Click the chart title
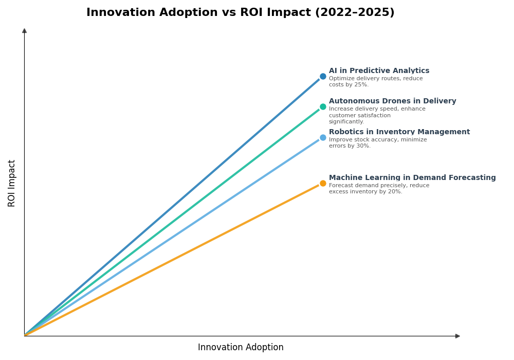tap(240, 13)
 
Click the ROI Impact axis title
tap(12, 183)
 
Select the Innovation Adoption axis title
tap(241, 348)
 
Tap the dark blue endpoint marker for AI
tap(323, 76)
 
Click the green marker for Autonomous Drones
tap(323, 107)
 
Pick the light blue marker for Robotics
tap(323, 137)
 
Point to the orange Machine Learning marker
tap(323, 183)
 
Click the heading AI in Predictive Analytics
tap(379, 71)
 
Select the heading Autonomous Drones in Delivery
tap(392, 101)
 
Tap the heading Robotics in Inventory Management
tap(399, 132)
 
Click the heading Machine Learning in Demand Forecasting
tap(412, 178)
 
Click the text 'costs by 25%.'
tap(348, 85)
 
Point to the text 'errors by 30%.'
tap(350, 146)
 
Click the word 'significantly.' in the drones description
tap(346, 122)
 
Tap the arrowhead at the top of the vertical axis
tap(24, 31)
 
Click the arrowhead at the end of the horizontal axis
tap(457, 336)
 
